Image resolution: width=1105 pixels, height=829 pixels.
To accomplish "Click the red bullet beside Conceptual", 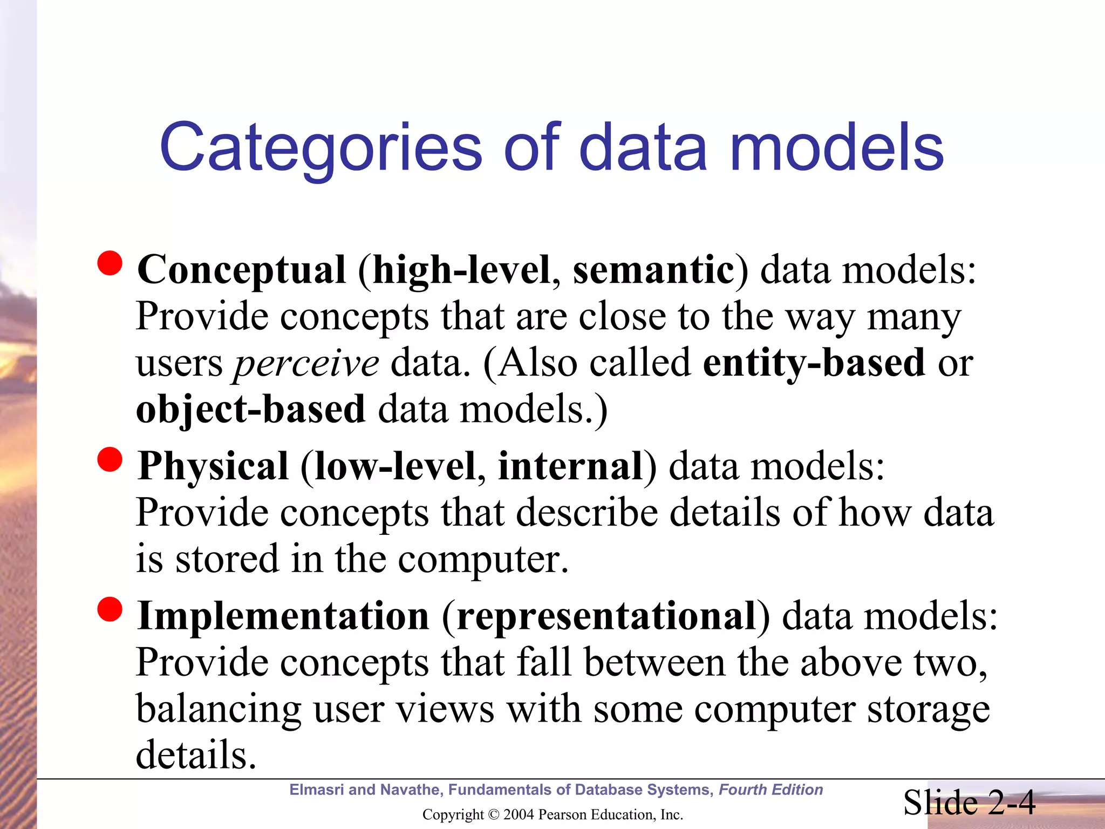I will [110, 263].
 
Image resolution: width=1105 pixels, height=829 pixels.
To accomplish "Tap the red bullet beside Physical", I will [110, 459].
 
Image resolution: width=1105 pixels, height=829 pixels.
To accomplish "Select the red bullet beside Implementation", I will [110, 609].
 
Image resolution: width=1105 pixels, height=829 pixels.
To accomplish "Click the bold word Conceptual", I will [241, 270].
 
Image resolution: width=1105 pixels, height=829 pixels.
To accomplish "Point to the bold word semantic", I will [653, 270].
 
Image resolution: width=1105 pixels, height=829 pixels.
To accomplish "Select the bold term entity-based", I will [814, 363].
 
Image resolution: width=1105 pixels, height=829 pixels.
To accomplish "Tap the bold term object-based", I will [251, 409].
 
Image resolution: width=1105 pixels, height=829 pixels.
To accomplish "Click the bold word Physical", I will [213, 466].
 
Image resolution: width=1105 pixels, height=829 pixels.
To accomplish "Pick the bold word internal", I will [570, 466].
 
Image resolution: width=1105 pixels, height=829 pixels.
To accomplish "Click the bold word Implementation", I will [283, 616].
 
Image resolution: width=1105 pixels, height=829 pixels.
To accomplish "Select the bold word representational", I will [606, 616].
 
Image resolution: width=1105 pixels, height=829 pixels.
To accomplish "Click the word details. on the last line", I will [196, 755].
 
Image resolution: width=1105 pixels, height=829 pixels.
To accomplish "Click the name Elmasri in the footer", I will [317, 790].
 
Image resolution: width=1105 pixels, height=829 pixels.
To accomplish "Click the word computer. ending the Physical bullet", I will [483, 560].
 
